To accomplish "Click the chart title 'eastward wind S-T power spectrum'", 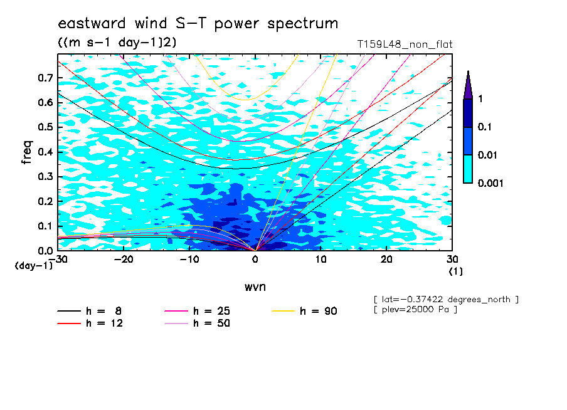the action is [x=198, y=24].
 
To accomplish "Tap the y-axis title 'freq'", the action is [x=27, y=152].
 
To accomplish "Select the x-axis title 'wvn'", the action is [x=255, y=287].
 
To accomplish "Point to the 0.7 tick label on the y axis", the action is [x=45, y=78].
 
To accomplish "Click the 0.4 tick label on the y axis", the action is [x=45, y=152].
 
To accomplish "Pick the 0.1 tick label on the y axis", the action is [x=45, y=226].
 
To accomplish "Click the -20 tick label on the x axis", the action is [x=124, y=260].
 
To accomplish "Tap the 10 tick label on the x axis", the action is [x=321, y=260].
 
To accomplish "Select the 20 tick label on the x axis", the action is [x=386, y=260].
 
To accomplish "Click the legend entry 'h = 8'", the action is [x=89, y=311].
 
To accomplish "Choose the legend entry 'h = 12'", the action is [x=90, y=323].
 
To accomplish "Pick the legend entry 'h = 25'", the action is [x=197, y=311].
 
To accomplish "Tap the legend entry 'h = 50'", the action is [x=197, y=323].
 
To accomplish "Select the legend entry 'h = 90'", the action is [x=304, y=311].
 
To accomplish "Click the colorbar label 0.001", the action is [x=490, y=183].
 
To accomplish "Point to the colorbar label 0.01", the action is [x=487, y=155].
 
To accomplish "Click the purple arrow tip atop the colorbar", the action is [x=469, y=71].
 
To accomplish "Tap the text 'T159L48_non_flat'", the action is [x=405, y=45].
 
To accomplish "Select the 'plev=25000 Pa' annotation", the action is [x=415, y=310].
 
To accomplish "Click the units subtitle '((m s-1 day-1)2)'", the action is [x=117, y=43].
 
